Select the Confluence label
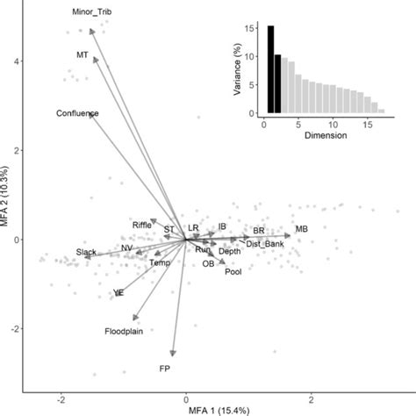(x=77, y=113)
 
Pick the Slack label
(x=86, y=253)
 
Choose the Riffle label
(x=142, y=225)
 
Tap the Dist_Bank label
(x=264, y=243)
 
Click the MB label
(x=301, y=229)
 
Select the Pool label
(x=233, y=272)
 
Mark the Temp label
(x=159, y=262)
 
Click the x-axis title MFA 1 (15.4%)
(x=185, y=410)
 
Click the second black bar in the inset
(x=278, y=84)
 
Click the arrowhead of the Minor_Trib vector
(x=93, y=30)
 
